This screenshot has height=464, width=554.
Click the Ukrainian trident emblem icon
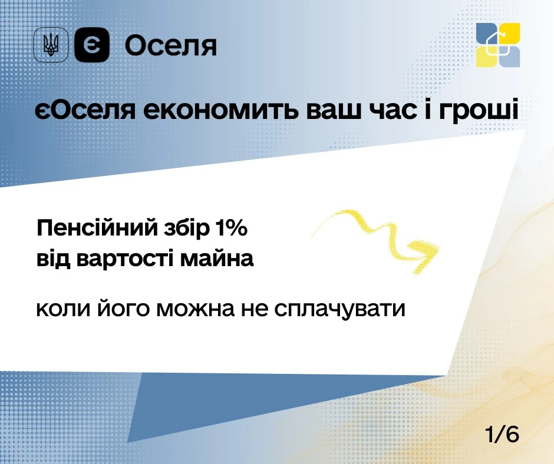click(51, 45)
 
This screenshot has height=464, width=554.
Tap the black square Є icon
click(93, 45)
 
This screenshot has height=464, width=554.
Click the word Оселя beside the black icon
click(171, 45)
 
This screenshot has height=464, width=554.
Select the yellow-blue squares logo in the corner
click(498, 45)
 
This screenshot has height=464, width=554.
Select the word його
click(121, 309)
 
